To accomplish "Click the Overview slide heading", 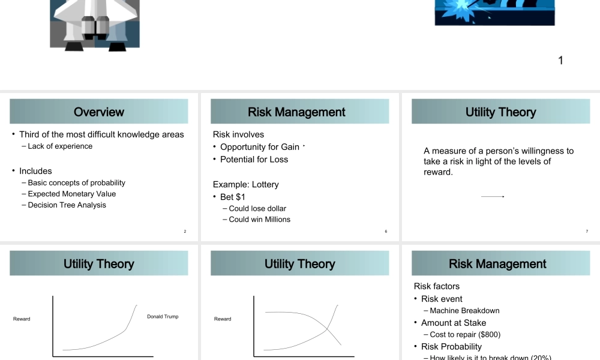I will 99,112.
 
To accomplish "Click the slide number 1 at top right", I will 560,60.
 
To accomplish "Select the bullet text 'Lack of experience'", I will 60,146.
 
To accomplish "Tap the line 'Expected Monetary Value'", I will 71,194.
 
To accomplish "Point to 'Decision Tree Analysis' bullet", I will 67,205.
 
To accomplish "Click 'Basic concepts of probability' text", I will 76,183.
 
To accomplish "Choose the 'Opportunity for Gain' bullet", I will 259,147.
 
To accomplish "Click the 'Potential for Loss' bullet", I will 254,160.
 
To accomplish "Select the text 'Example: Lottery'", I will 245,185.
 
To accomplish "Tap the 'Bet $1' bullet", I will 233,197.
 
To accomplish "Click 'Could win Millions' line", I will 259,220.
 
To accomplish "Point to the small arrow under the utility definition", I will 493,197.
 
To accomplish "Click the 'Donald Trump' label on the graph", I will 163,317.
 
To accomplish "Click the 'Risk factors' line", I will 437,286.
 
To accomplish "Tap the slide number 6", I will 386,232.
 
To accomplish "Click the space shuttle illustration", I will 95,24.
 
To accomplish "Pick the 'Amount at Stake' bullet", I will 454,323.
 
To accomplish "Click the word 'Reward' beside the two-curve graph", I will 223,319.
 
